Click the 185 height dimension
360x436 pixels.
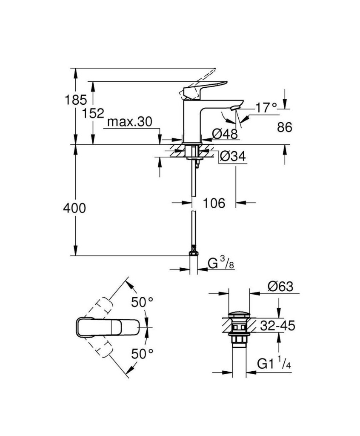(76, 100)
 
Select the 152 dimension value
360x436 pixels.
(93, 113)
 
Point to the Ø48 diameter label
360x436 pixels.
(225, 134)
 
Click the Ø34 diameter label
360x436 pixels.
(233, 156)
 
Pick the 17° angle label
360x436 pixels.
(266, 108)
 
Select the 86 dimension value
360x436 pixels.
(285, 127)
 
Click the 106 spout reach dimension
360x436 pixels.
(214, 203)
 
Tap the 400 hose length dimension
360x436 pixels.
(74, 208)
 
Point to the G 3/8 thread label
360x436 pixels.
(221, 263)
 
